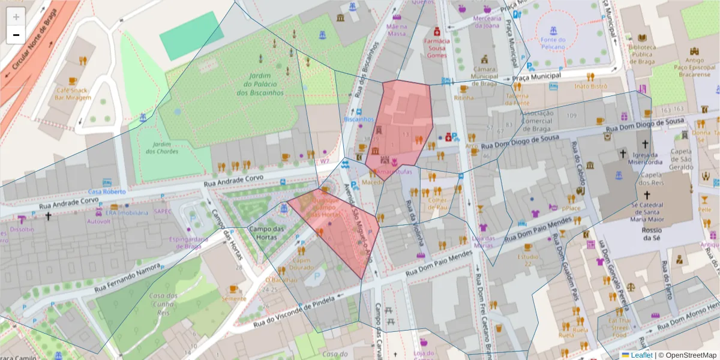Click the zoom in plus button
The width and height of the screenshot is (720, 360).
click(16, 17)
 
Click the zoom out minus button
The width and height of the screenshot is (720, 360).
click(16, 35)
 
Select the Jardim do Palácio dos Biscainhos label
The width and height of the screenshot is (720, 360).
click(259, 84)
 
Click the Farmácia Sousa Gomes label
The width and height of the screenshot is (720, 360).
click(437, 47)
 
